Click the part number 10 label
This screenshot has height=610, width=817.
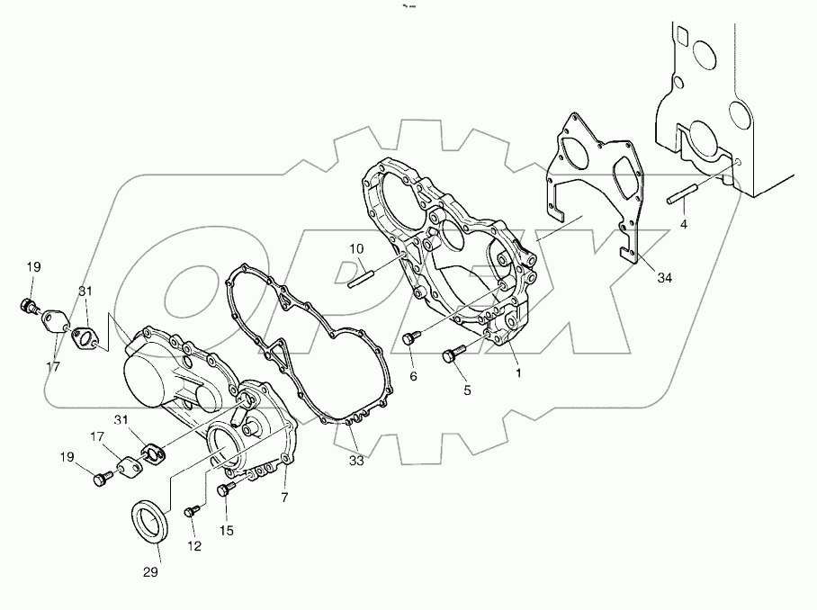pos(356,248)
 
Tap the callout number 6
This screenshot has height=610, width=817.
pos(413,376)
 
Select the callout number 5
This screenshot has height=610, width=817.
pos(467,390)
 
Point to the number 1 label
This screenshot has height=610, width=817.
pos(518,371)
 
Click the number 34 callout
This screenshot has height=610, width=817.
pos(664,279)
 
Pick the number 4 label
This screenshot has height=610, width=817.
pos(684,223)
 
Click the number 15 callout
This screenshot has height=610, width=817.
pos(227,531)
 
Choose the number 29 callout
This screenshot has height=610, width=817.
pos(150,572)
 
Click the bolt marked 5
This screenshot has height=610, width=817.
pos(451,356)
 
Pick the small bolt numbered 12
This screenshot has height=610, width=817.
pos(190,512)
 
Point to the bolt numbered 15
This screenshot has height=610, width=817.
pos(226,489)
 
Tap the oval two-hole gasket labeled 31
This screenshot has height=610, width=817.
pos(86,336)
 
